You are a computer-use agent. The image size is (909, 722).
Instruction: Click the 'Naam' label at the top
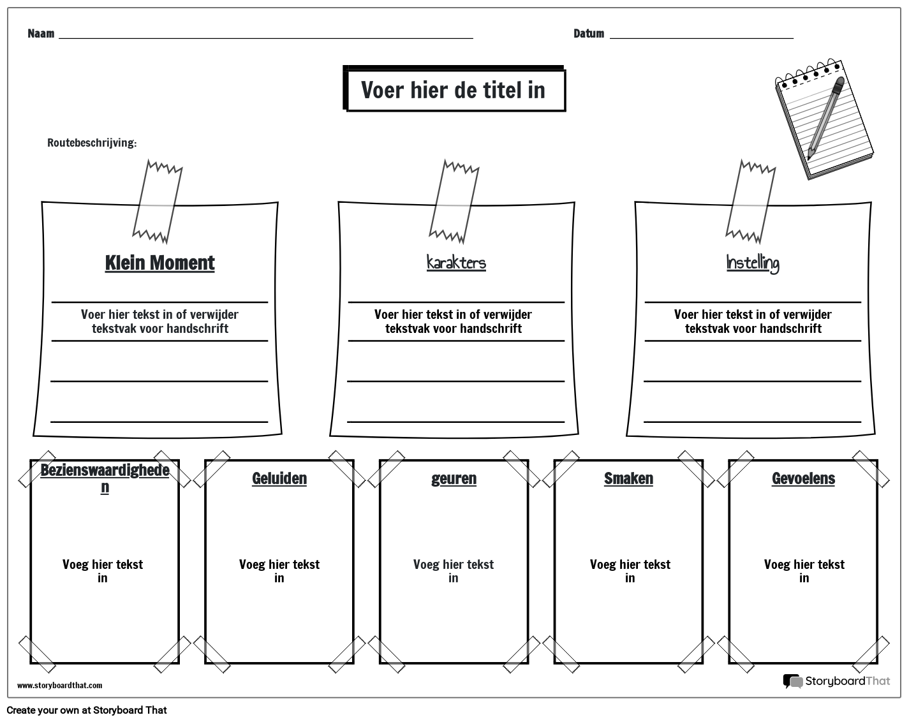[x=41, y=34]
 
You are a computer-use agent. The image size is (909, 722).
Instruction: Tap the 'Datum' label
[x=588, y=34]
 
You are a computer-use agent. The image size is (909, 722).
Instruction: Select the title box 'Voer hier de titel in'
[x=454, y=90]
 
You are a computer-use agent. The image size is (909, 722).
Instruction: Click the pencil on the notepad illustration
[x=825, y=118]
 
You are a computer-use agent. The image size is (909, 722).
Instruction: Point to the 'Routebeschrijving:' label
[x=92, y=143]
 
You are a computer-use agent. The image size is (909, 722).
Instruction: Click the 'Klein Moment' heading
[x=159, y=263]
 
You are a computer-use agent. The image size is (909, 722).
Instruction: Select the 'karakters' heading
[x=456, y=263]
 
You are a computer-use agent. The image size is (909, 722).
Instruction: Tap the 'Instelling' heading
[x=753, y=263]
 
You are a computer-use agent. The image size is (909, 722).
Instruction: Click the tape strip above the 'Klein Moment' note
[x=157, y=202]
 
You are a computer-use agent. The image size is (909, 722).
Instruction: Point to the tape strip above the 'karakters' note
[x=454, y=202]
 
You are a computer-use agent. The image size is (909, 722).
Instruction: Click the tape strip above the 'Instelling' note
[x=750, y=202]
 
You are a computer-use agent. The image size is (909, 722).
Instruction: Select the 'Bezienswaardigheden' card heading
[x=105, y=478]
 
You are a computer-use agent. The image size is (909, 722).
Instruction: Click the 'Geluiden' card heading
[x=279, y=478]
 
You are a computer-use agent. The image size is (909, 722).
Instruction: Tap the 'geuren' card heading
[x=454, y=478]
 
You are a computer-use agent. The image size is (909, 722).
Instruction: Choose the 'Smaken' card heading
[x=628, y=478]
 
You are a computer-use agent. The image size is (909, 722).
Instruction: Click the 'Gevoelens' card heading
[x=803, y=478]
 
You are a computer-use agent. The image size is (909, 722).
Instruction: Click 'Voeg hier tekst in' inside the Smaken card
[x=630, y=571]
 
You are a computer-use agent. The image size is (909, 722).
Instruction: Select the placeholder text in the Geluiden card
[x=279, y=571]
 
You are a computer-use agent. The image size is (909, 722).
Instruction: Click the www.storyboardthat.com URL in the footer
[x=59, y=686]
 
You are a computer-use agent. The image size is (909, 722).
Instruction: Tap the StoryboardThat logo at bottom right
[x=836, y=681]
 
